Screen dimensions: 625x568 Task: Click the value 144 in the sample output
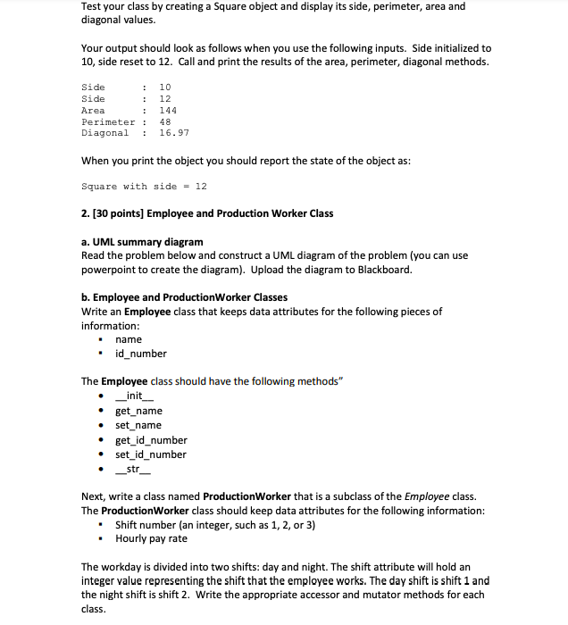[x=167, y=110]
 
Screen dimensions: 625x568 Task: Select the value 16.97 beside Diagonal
[x=173, y=133]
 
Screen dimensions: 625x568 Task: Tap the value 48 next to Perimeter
[x=164, y=121]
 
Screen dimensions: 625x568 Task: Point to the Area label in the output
[x=93, y=110]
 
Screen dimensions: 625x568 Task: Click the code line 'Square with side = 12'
[x=144, y=186]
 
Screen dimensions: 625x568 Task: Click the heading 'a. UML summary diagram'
[x=142, y=241]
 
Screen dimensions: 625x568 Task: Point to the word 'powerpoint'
[x=110, y=270]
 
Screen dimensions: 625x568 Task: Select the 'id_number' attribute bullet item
[x=141, y=354]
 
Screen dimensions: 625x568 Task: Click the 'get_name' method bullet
[x=138, y=411]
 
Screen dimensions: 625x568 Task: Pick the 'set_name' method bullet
[x=138, y=425]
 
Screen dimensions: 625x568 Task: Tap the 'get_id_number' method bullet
[x=151, y=440]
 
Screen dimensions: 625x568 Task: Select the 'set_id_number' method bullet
[x=151, y=454]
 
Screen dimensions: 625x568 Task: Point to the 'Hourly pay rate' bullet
[x=151, y=538]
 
